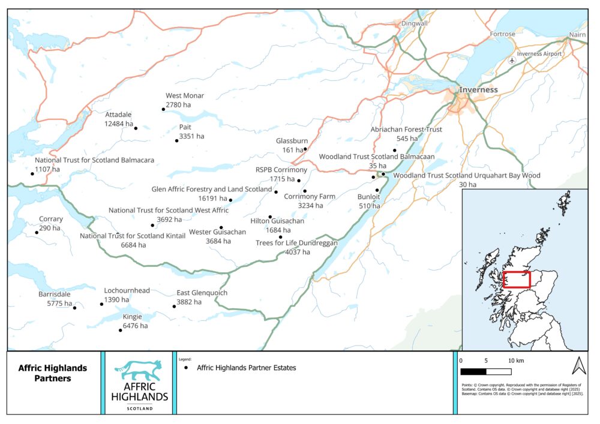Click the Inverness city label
click(x=478, y=90)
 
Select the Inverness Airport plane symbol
click(x=511, y=61)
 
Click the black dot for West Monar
click(x=163, y=109)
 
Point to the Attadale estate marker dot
click(x=136, y=128)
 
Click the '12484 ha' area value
click(x=118, y=124)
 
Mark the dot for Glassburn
click(x=305, y=149)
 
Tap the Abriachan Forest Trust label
click(x=406, y=130)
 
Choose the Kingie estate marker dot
click(x=121, y=330)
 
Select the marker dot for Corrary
click(x=37, y=232)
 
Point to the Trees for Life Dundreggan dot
click(x=280, y=237)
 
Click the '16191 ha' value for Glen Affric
click(x=212, y=199)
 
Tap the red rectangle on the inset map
click(x=517, y=279)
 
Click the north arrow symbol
click(x=578, y=365)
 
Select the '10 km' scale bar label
click(x=516, y=361)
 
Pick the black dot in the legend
click(x=187, y=368)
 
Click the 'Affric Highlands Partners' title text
click(x=53, y=373)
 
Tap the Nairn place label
click(x=577, y=35)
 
